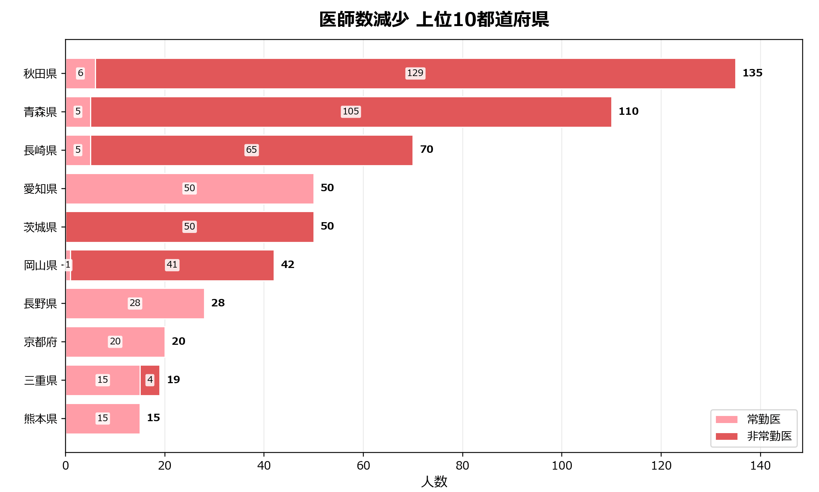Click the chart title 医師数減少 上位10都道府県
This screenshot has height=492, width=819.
[434, 19]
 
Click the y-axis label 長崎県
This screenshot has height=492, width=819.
[40, 150]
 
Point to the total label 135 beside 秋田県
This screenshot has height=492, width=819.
[752, 73]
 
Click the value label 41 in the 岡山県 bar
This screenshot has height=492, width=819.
[172, 265]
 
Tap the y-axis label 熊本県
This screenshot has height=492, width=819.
[40, 419]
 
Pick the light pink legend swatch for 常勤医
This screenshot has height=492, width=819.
[726, 420]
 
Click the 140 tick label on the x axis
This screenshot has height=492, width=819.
[760, 466]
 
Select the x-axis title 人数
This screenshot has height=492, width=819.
[434, 482]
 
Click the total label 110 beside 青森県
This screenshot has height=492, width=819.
[628, 111]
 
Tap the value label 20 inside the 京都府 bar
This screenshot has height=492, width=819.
[115, 341]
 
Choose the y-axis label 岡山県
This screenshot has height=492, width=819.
[40, 265]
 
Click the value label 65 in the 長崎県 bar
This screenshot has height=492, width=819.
[252, 150]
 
